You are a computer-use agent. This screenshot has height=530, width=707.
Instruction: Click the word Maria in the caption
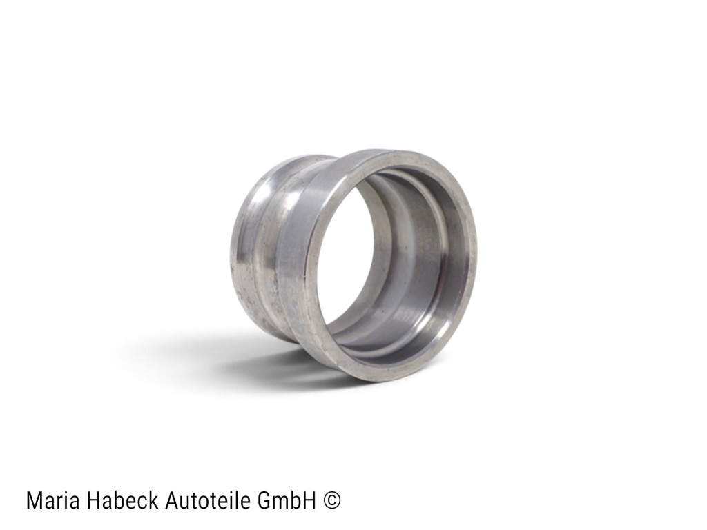(x=54, y=501)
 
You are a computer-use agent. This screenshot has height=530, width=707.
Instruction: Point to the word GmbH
(x=286, y=500)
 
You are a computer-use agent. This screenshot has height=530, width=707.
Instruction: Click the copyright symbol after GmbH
(x=332, y=501)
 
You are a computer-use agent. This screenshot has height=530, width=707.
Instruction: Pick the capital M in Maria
(x=35, y=501)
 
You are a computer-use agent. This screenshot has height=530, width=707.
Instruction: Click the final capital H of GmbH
(x=309, y=501)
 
